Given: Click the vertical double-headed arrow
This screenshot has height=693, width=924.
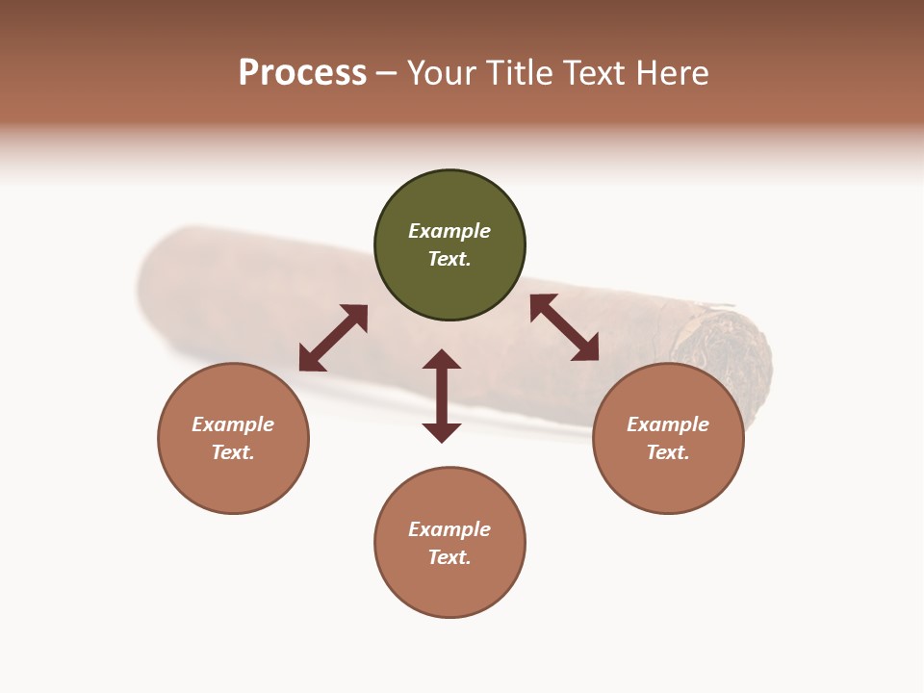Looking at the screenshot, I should [442, 396].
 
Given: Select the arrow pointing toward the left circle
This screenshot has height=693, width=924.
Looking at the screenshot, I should [333, 338].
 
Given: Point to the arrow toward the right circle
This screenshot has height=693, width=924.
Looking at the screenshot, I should [565, 327].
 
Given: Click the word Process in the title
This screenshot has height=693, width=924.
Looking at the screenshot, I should [302, 72].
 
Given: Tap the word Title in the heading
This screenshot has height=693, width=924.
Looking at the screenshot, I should [516, 72].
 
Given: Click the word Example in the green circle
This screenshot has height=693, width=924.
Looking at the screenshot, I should [449, 231].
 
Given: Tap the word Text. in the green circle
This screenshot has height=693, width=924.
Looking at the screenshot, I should [449, 259].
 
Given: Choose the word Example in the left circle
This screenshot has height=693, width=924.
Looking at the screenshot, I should [233, 424].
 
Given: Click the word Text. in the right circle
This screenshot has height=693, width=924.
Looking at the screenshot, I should [668, 452].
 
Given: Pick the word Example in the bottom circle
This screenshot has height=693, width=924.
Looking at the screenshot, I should [449, 529].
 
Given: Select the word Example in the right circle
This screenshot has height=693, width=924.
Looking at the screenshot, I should [668, 424].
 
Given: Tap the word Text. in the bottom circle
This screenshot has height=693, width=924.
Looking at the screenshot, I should [449, 557].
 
